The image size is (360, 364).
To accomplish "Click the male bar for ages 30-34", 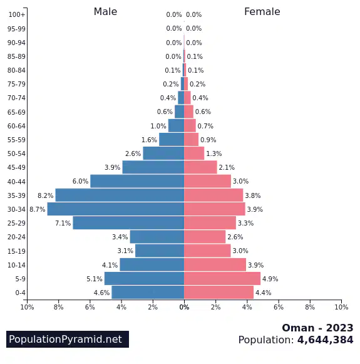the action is (116, 209).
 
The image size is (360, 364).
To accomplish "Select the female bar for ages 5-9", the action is (222, 279).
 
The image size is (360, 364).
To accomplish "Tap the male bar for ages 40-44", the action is (137, 181).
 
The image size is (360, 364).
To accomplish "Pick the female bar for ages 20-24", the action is (205, 237).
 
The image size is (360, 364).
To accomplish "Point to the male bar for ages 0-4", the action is (148, 293).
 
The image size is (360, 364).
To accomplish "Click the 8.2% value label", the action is (46, 195).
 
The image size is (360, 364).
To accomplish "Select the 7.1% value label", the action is (63, 223).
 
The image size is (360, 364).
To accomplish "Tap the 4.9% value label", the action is (270, 279).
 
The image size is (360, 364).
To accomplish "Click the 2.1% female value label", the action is (227, 167).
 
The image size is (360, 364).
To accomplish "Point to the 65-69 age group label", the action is (16, 112).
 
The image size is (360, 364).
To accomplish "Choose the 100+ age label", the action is (17, 14).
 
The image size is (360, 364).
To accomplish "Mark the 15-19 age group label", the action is (16, 251).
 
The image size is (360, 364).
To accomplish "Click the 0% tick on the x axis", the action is (184, 307).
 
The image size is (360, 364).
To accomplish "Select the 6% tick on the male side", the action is (90, 307).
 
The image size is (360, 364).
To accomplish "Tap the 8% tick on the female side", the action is (310, 307).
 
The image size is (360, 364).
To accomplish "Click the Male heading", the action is (105, 12).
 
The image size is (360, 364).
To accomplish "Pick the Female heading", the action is (262, 12).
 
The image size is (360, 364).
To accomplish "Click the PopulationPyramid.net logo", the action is (68, 339).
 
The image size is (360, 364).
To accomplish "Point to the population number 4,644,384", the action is (325, 340).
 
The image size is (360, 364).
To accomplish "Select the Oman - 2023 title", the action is (317, 328).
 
